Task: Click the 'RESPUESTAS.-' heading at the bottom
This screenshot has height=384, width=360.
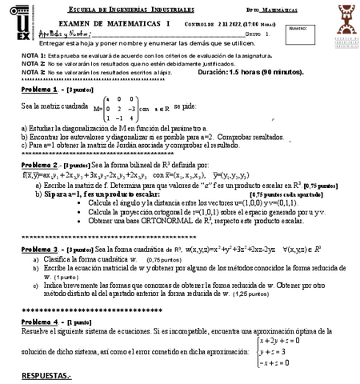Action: click(46, 375)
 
